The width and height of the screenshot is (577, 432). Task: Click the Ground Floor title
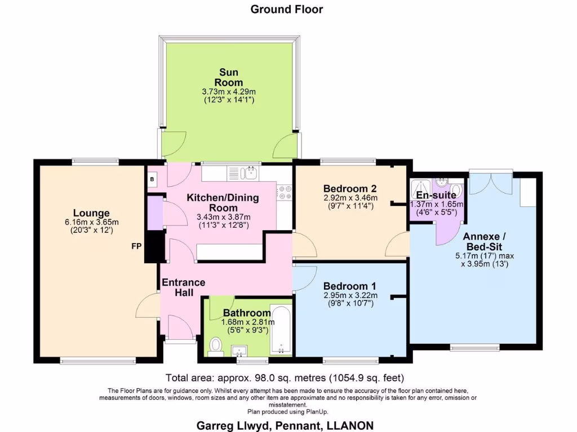[x=287, y=9]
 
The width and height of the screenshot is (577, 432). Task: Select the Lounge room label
[x=91, y=213]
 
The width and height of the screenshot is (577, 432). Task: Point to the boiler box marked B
[x=152, y=179]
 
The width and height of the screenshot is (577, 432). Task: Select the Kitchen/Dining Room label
[x=223, y=202]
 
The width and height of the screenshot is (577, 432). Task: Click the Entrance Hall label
[x=183, y=287]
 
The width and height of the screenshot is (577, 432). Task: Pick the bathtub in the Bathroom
[x=281, y=331]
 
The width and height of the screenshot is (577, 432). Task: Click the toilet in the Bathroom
[x=214, y=345]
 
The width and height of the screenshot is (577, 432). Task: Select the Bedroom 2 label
[x=350, y=188]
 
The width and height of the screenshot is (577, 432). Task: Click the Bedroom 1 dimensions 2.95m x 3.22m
[x=350, y=295]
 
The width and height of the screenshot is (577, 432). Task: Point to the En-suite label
[x=436, y=195]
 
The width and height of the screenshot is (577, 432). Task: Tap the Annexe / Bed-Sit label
[x=484, y=242]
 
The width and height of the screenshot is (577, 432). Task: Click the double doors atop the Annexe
[x=491, y=182]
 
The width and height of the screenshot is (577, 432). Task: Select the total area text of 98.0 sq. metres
[x=284, y=377]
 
